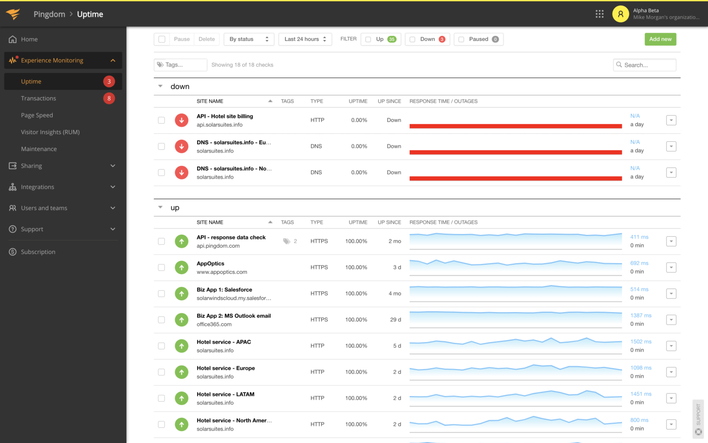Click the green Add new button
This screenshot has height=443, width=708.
click(660, 39)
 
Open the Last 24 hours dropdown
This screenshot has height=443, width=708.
click(305, 39)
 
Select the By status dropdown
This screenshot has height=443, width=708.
click(249, 39)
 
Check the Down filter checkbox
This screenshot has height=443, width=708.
click(413, 40)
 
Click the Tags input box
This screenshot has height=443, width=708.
click(181, 65)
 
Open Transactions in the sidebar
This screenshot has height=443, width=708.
click(38, 98)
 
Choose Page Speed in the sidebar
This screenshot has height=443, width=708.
click(37, 115)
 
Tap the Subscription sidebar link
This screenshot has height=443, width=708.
click(38, 252)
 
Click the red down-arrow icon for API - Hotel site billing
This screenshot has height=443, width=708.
click(182, 120)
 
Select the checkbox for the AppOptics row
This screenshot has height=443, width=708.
click(161, 268)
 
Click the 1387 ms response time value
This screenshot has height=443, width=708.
click(641, 316)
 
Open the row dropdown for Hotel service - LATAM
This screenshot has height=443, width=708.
click(671, 398)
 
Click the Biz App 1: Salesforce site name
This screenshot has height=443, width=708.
click(224, 290)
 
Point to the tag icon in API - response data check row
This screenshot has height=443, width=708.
click(287, 241)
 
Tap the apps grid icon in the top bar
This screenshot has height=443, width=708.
click(599, 14)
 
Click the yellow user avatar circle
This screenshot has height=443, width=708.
click(620, 14)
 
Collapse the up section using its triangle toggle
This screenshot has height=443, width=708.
click(160, 208)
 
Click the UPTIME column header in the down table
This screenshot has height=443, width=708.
click(358, 101)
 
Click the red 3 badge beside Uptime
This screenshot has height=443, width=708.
click(109, 82)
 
